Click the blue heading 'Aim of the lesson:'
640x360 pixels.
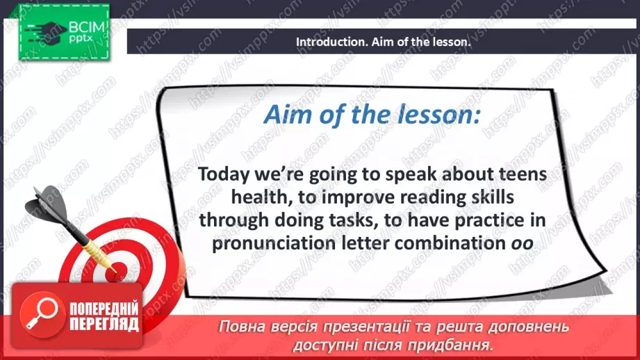pyautogui.click(x=372, y=114)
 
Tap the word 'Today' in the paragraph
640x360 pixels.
pyautogui.click(x=224, y=175)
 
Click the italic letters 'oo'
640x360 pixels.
pyautogui.click(x=522, y=244)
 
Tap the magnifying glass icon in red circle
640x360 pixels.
pyautogui.click(x=42, y=313)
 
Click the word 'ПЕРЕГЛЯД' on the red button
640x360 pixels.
pyautogui.click(x=104, y=325)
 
